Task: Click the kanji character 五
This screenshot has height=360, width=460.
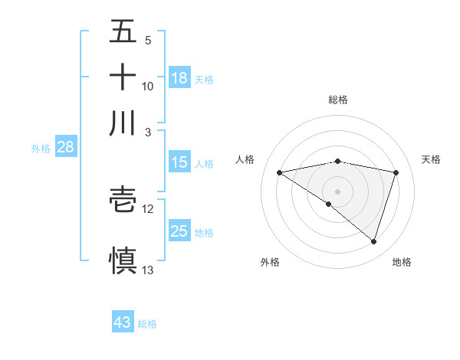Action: [x=123, y=31]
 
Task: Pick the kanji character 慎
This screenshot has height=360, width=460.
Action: [x=123, y=259]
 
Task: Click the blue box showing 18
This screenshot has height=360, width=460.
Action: [x=179, y=78]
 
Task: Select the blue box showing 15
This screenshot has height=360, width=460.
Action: [x=179, y=162]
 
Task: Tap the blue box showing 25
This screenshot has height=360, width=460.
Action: [x=179, y=231]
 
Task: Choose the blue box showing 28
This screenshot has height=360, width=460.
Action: [x=65, y=147]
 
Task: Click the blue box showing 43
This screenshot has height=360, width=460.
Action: [x=123, y=322]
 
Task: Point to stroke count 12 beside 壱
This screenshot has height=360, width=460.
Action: [x=148, y=208]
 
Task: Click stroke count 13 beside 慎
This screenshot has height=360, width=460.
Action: [x=148, y=270]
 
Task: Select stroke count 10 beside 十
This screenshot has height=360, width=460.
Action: [x=148, y=86]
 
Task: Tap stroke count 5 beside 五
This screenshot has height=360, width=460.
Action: [x=148, y=40]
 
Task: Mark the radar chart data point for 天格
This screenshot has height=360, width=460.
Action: [x=396, y=172]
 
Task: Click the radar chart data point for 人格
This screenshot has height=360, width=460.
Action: [x=279, y=172]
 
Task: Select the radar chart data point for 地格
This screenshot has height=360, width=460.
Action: [x=373, y=242]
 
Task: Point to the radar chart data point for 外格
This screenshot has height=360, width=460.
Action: [x=329, y=204]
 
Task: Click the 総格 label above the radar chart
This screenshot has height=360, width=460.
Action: [x=338, y=100]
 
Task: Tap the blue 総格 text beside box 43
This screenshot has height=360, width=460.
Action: [x=147, y=324]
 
